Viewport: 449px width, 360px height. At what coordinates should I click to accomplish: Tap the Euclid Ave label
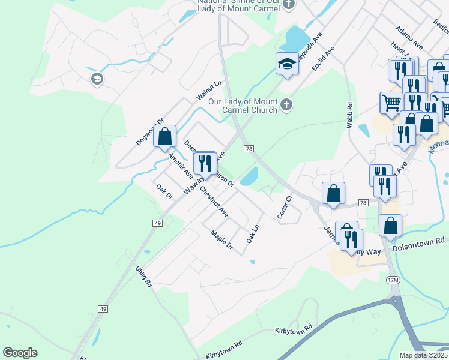point(323,58)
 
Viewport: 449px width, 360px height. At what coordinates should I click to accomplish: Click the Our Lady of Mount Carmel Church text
point(243,106)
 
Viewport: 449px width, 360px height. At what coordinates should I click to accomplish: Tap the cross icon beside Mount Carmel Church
point(286,105)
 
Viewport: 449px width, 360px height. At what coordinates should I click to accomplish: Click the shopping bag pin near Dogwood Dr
point(165,136)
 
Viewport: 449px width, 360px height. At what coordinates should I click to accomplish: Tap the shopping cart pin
point(391,103)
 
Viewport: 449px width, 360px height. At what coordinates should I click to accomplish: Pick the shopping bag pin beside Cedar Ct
point(334,193)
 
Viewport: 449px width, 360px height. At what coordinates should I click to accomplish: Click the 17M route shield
point(393,280)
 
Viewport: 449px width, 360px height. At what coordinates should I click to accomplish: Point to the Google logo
point(20,353)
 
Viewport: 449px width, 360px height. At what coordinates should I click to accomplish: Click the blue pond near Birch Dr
point(249,176)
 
